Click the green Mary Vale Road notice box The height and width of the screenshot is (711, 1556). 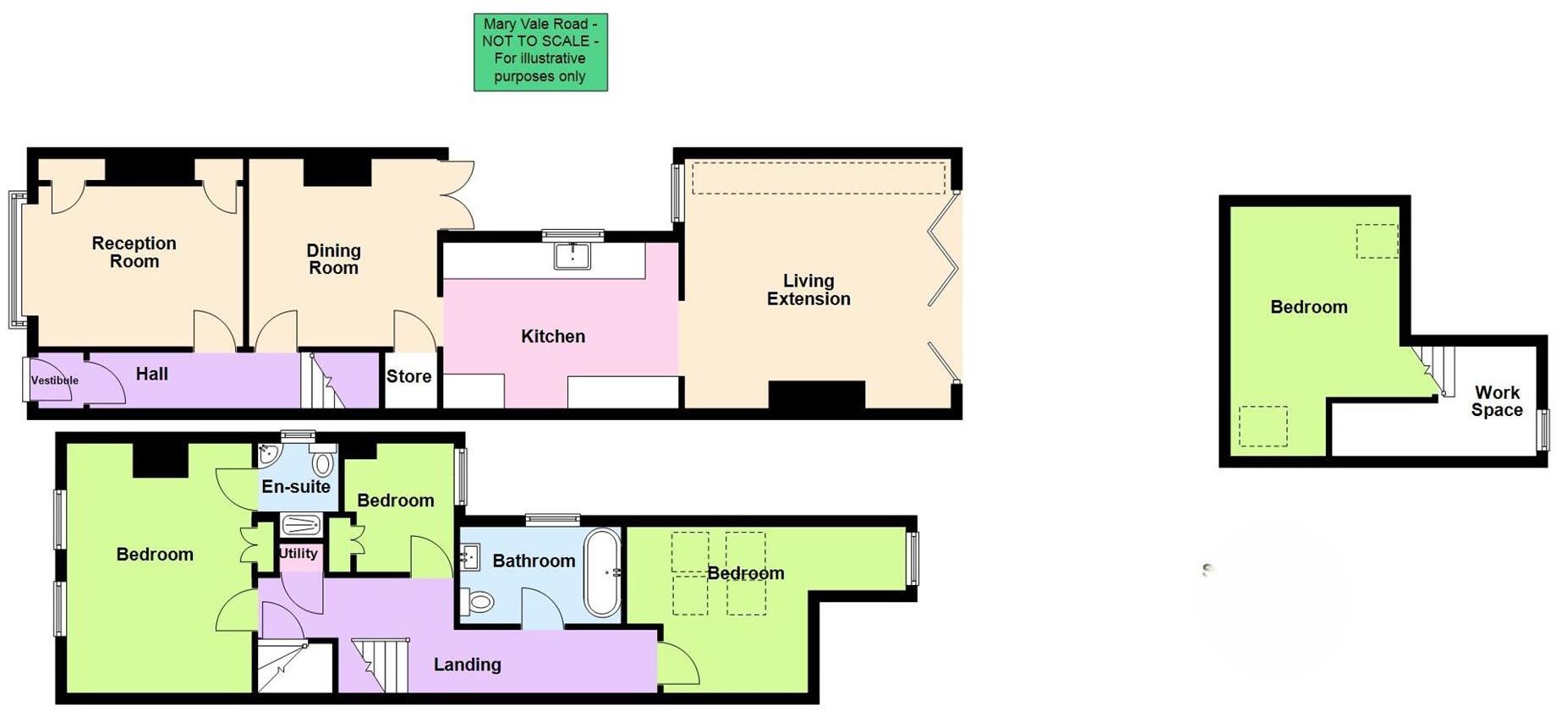[540, 52]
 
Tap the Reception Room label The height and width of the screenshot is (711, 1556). [134, 252]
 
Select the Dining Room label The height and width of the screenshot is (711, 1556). [333, 259]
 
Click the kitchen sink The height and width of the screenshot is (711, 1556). [573, 254]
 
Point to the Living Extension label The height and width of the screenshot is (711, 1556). [808, 289]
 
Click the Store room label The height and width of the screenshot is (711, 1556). [409, 376]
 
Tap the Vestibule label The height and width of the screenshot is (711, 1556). [54, 380]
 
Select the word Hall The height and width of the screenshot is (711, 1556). [152, 374]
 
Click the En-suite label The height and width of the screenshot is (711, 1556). [296, 486]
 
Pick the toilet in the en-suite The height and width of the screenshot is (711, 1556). [322, 463]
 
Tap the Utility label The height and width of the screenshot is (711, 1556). [299, 553]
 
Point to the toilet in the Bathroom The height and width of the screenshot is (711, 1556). [479, 601]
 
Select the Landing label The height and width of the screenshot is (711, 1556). [467, 665]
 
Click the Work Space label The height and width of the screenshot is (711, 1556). [1497, 401]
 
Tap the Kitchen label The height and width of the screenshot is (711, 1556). [553, 336]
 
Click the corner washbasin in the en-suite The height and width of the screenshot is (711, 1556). [268, 454]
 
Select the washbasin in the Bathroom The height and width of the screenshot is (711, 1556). [470, 557]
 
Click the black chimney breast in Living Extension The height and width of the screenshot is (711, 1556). [816, 395]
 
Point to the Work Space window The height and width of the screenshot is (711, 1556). [1543, 429]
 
